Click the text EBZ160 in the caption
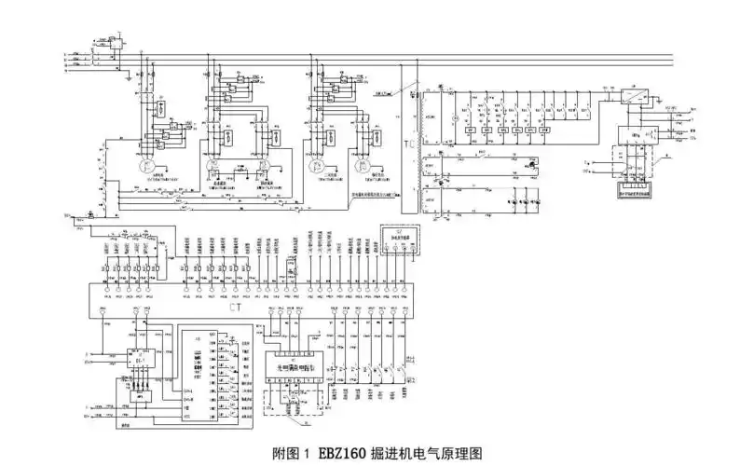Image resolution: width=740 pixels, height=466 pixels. [343, 454]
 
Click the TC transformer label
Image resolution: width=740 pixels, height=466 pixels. [409, 145]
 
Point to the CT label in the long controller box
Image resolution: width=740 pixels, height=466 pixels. [234, 304]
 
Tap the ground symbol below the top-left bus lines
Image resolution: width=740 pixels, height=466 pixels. [125, 77]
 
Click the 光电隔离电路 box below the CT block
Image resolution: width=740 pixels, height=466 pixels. [295, 367]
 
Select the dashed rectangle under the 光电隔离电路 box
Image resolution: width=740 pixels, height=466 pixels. [295, 399]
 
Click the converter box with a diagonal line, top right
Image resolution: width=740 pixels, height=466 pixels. [634, 94]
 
